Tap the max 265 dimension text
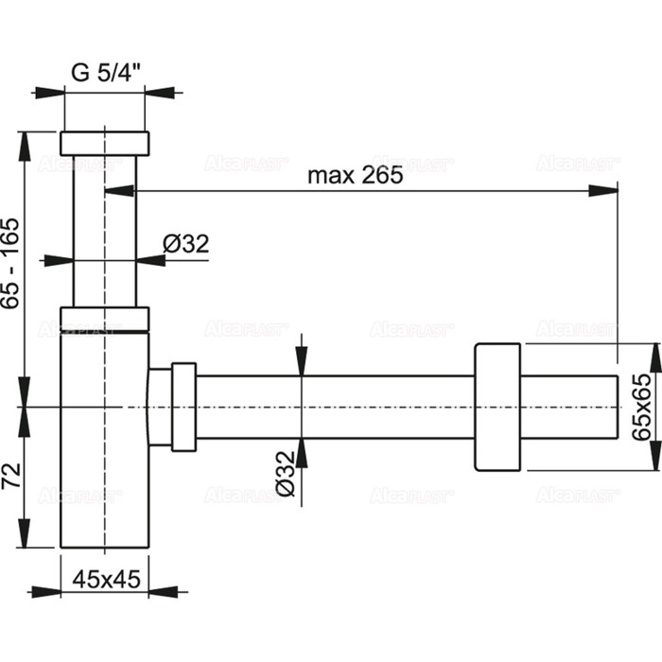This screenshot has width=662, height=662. click(x=356, y=174)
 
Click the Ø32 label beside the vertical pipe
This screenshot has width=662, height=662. click(x=185, y=244)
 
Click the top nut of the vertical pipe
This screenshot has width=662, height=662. click(x=104, y=143)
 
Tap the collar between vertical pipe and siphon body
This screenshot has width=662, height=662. click(x=104, y=319)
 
